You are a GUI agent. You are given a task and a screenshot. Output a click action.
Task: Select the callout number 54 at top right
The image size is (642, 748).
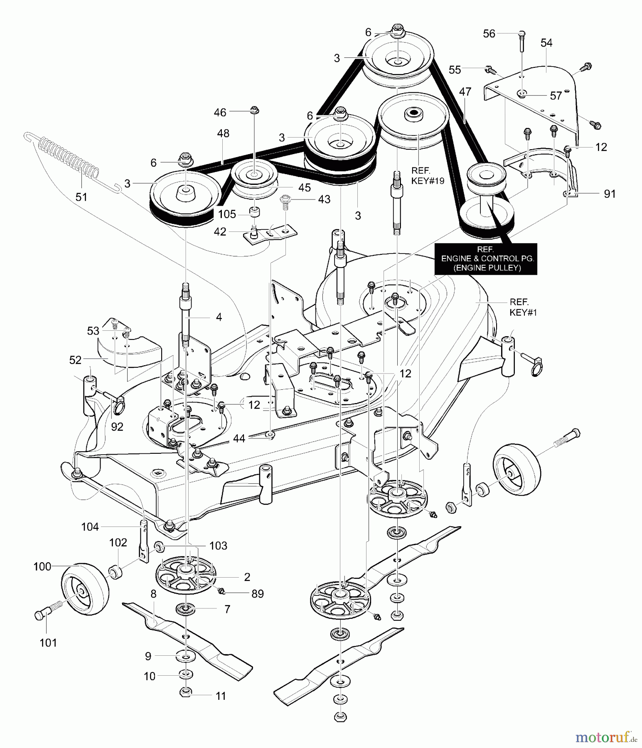tap(546, 43)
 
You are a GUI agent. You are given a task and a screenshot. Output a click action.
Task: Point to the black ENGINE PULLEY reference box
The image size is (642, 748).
tap(485, 258)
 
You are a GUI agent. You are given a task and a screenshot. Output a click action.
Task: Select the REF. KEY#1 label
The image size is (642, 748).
tap(523, 307)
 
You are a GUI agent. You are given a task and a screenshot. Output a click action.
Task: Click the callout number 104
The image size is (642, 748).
tap(90, 527)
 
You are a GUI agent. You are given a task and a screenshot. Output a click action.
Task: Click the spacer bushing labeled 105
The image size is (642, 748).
tap(254, 211)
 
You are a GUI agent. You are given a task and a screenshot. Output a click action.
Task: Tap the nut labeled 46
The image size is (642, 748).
tap(254, 110)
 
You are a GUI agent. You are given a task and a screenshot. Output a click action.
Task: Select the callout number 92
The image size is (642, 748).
tap(117, 426)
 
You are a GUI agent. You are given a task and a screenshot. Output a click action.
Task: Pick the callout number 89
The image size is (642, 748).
tap(258, 593)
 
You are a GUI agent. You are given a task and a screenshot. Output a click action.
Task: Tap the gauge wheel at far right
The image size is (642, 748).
tap(517, 472)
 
